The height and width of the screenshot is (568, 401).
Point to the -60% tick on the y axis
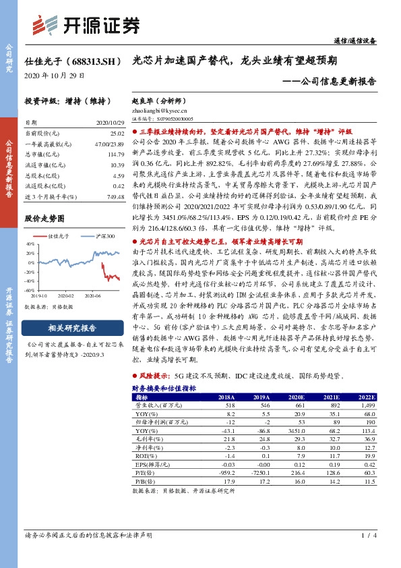click(x=30, y=308)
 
